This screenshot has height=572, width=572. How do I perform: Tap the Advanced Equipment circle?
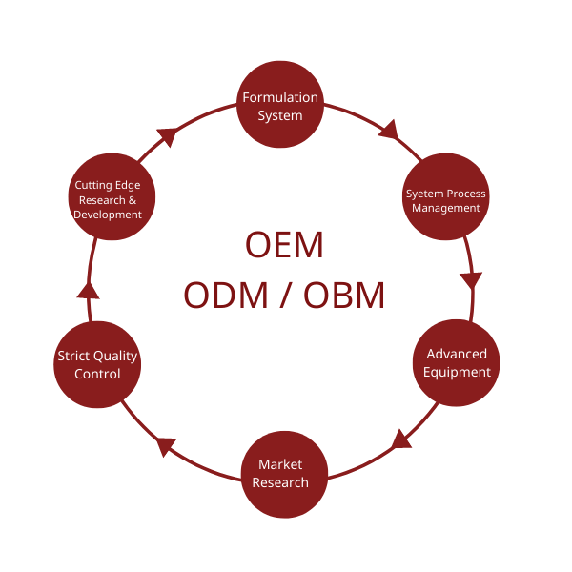tap(457, 363)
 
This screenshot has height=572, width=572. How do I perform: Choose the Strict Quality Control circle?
tap(97, 364)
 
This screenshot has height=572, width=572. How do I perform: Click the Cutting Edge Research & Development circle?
tap(111, 199)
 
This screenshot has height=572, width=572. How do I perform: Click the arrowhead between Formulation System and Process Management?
tap(388, 130)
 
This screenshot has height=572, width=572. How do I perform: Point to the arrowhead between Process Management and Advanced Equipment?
tap(470, 280)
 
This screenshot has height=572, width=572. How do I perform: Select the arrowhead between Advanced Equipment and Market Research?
tap(402, 439)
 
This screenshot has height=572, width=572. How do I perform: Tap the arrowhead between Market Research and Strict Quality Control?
tap(167, 444)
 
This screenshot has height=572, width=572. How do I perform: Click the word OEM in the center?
tap(284, 246)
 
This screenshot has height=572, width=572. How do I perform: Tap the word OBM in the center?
tap(345, 296)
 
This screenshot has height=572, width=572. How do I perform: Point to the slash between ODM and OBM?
tap(283, 296)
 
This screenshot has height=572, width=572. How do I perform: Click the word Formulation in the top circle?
tap(279, 97)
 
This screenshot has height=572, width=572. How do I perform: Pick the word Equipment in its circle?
tap(458, 372)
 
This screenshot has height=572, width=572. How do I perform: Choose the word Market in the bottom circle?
tap(280, 464)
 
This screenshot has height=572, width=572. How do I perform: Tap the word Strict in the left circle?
tap(72, 356)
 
